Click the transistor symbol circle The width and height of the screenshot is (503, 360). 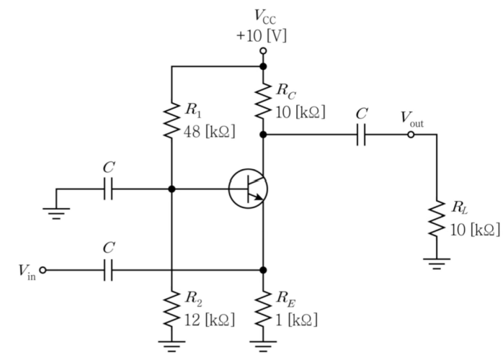click(x=229, y=189)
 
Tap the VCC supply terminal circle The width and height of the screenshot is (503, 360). click(x=263, y=51)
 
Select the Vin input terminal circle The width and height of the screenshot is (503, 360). click(x=43, y=270)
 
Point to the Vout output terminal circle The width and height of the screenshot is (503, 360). click(x=411, y=135)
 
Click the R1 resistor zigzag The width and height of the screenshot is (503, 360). click(x=172, y=120)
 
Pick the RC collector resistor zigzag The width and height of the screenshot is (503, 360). click(x=263, y=101)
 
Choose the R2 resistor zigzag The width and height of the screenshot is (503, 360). click(x=172, y=308)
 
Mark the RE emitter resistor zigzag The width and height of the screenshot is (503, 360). click(x=263, y=308)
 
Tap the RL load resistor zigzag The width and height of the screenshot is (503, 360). click(x=437, y=219)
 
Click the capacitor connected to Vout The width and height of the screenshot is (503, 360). click(x=361, y=135)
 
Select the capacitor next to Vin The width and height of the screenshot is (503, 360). click(x=108, y=270)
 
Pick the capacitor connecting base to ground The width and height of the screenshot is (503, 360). click(x=108, y=189)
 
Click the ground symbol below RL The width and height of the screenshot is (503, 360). click(x=437, y=264)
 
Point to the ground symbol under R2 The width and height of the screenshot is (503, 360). click(x=172, y=346)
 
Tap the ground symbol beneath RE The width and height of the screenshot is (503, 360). click(x=263, y=346)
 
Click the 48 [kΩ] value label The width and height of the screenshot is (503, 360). click(x=210, y=131)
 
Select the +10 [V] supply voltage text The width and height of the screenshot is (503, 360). click(x=262, y=35)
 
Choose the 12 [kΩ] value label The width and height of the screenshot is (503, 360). click(x=210, y=320)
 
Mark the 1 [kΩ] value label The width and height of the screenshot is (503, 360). click(x=297, y=320)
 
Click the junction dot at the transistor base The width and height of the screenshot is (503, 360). click(x=172, y=189)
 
